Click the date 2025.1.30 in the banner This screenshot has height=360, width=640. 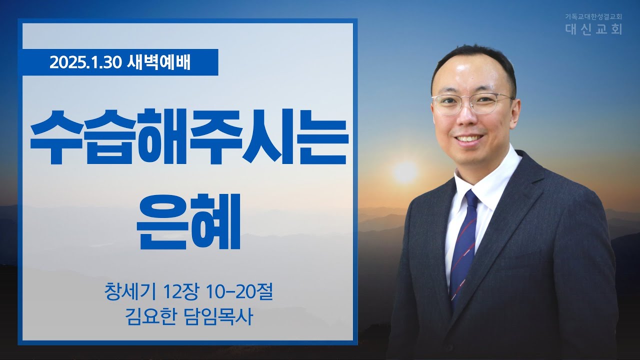click(x=85, y=62)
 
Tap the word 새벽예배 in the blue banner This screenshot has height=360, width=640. click(x=158, y=62)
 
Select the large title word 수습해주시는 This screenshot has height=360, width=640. click(x=189, y=137)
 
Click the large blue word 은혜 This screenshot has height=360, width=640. click(x=189, y=222)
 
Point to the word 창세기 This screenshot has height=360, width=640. click(x=130, y=292)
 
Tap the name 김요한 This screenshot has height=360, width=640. click(x=149, y=316)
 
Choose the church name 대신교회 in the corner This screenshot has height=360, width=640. click(x=594, y=29)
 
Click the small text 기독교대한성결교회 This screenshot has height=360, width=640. click(x=593, y=16)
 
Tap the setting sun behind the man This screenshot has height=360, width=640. click(x=405, y=171)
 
